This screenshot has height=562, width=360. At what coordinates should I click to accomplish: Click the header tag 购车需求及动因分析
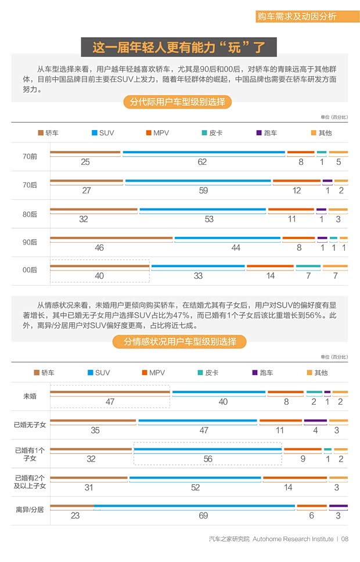tap(297, 17)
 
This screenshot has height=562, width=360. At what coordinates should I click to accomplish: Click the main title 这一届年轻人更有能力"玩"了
tap(179, 47)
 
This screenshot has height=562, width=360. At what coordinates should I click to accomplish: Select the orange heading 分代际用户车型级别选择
tap(177, 103)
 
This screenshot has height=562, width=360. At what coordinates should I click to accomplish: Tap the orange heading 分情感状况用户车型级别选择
tap(179, 342)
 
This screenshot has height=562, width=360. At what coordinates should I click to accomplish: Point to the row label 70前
tap(30, 157)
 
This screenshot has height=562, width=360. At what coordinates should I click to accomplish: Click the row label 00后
tap(30, 271)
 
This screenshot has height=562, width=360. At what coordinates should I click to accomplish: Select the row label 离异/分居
tap(30, 510)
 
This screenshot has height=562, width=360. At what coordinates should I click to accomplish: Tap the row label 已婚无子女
tap(30, 424)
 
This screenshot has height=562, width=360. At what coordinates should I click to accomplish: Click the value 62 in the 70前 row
tap(202, 163)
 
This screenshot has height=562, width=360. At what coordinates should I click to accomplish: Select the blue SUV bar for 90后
tap(227, 238)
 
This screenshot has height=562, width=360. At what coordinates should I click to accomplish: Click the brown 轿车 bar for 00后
tap(99, 266)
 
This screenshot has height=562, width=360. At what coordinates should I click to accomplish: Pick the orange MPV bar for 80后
tap(291, 210)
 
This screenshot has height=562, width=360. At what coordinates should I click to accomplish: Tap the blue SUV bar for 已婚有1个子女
tap(207, 449)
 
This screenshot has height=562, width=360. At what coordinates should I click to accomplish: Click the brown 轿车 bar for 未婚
tap(110, 392)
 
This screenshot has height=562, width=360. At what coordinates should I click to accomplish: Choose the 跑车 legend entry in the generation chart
tap(266, 133)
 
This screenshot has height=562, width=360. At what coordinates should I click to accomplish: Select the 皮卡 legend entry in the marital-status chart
tap(208, 373)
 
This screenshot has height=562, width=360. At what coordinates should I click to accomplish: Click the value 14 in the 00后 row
tap(271, 276)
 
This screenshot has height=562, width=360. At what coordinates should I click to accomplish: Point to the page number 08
tap(345, 539)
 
